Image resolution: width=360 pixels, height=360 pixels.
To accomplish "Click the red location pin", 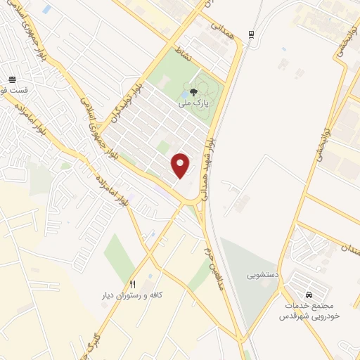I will click(x=181, y=165).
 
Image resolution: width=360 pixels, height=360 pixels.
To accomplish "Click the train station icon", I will click(x=252, y=34).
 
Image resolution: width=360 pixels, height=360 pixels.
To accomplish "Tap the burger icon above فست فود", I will click(x=13, y=79).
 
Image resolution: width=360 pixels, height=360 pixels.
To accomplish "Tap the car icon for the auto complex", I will click(x=309, y=293).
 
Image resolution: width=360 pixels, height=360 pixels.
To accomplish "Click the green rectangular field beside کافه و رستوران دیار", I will click(x=120, y=254).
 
